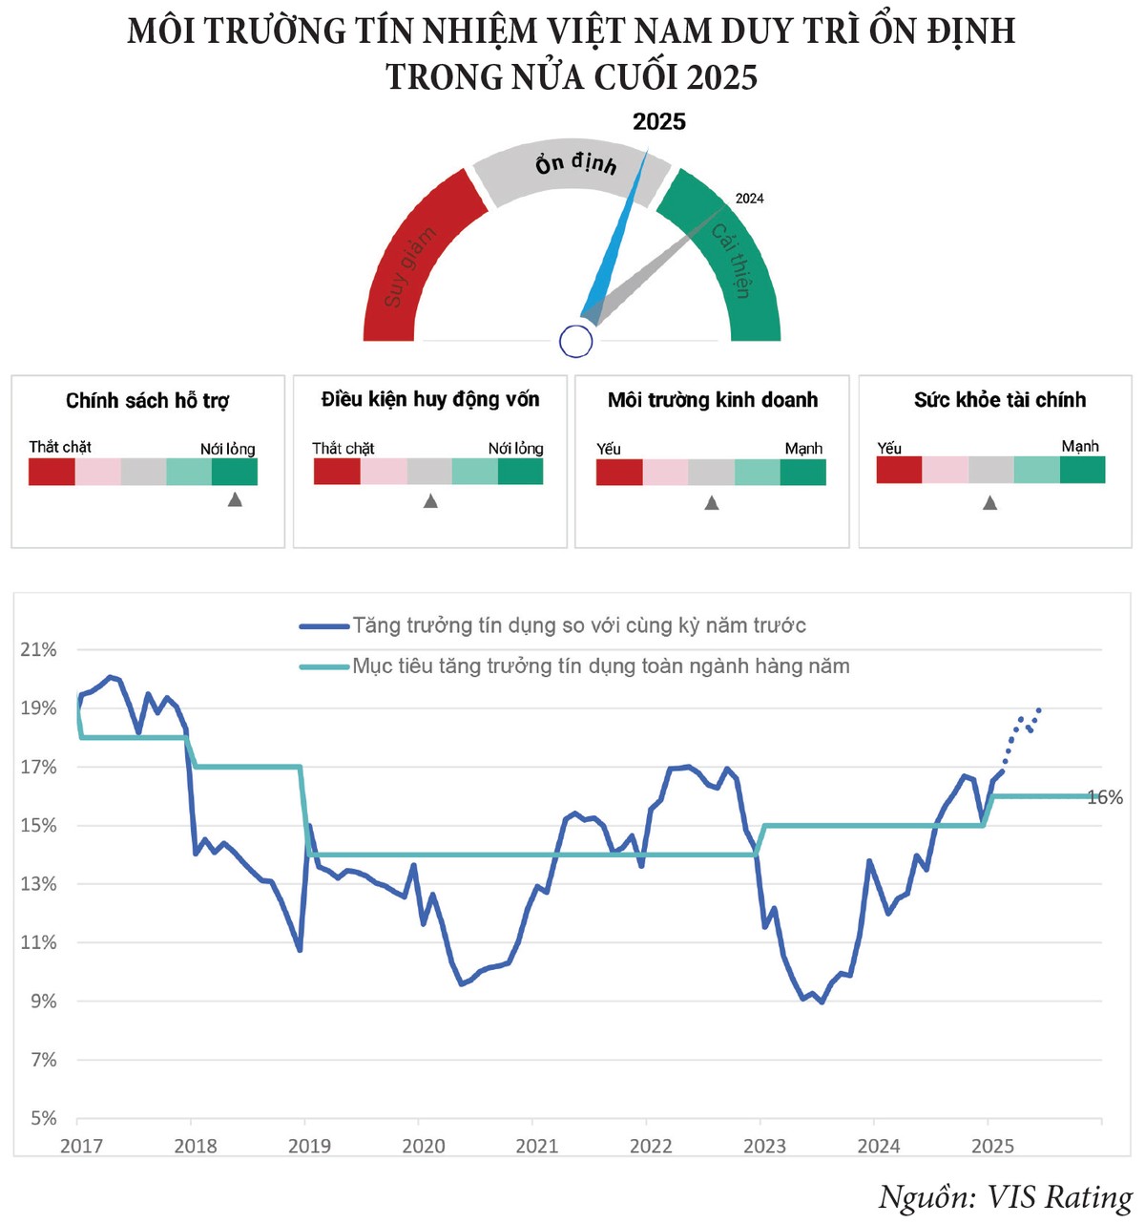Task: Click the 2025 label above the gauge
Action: point(659,121)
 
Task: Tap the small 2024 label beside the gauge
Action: point(749,199)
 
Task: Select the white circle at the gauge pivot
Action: point(576,341)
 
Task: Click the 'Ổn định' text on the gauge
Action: point(575,163)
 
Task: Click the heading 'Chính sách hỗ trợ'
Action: point(147,401)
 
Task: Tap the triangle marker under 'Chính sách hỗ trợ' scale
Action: point(235,499)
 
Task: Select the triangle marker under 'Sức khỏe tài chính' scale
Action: point(989,502)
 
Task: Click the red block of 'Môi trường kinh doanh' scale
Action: point(619,473)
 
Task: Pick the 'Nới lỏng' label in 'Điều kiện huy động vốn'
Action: point(515,448)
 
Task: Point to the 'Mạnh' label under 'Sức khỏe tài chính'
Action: point(1080,447)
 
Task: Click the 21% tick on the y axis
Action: point(39,649)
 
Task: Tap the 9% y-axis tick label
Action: point(44,1001)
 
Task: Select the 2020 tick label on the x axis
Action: point(423,1146)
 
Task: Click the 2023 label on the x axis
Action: point(764,1146)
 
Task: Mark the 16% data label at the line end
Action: point(1105,797)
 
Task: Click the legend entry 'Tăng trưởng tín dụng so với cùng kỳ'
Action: point(578,625)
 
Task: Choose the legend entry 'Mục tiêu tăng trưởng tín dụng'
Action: point(600,666)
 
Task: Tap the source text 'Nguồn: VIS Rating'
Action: point(1005,1197)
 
